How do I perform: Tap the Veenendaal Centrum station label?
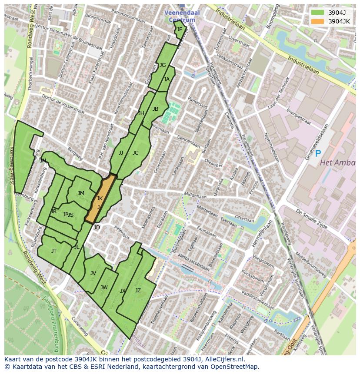[182, 16]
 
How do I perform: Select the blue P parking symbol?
[318, 153]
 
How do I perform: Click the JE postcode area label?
[180, 30]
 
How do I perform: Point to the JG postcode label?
[163, 65]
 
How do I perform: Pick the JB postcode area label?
[155, 109]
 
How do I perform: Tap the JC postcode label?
[135, 153]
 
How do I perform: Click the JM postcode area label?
[81, 193]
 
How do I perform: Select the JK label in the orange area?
[100, 199]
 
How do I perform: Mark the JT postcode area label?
[54, 251]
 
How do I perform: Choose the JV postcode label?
[93, 273]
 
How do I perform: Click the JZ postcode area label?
[138, 291]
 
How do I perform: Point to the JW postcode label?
[104, 288]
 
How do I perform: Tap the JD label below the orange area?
[97, 228]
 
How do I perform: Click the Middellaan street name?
[195, 196]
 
